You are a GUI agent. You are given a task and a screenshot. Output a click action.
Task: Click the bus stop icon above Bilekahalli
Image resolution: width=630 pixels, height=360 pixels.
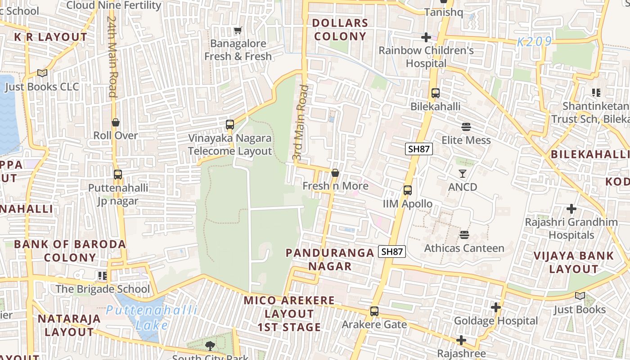click(x=435, y=93)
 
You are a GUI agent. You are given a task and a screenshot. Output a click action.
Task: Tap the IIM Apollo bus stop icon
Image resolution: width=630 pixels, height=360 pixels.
click(x=408, y=190)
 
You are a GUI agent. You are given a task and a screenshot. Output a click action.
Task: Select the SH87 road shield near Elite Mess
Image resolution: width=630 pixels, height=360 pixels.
click(x=418, y=149)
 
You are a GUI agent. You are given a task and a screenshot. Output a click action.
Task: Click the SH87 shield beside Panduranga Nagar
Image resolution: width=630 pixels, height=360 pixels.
click(x=392, y=252)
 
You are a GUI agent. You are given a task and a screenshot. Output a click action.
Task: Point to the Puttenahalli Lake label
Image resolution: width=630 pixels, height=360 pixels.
click(x=152, y=317)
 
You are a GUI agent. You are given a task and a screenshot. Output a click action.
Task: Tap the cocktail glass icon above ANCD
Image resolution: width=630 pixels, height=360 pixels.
click(x=463, y=174)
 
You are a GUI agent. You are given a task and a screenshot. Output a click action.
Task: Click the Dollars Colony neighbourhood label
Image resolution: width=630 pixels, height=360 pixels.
click(x=340, y=30)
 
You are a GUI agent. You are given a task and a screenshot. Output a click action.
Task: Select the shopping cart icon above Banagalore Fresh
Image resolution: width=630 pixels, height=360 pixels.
click(x=238, y=31)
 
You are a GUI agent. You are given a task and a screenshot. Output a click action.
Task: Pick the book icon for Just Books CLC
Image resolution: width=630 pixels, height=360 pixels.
click(x=42, y=73)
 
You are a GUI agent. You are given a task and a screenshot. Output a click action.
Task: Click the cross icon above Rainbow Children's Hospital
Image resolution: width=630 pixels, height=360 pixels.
click(x=426, y=37)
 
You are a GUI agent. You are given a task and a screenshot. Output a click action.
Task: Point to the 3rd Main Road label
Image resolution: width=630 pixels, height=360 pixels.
click(x=300, y=122)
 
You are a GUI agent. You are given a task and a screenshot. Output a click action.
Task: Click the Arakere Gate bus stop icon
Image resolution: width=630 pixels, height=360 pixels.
click(x=374, y=311)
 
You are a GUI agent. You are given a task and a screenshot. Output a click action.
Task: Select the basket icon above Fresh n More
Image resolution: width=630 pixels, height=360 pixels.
click(x=335, y=173)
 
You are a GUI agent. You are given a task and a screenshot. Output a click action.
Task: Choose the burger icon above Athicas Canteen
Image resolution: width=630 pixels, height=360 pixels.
click(x=464, y=235)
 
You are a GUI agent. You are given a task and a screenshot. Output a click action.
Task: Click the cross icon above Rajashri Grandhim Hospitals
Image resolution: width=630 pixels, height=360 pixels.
click(x=571, y=209)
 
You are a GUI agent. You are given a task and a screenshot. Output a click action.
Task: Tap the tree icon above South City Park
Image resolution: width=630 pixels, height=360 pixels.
click(x=210, y=346)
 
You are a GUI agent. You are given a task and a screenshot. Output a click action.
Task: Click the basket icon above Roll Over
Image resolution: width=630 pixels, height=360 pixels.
click(x=116, y=122)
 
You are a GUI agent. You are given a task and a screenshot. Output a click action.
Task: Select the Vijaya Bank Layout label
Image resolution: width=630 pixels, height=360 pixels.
click(x=573, y=262)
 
